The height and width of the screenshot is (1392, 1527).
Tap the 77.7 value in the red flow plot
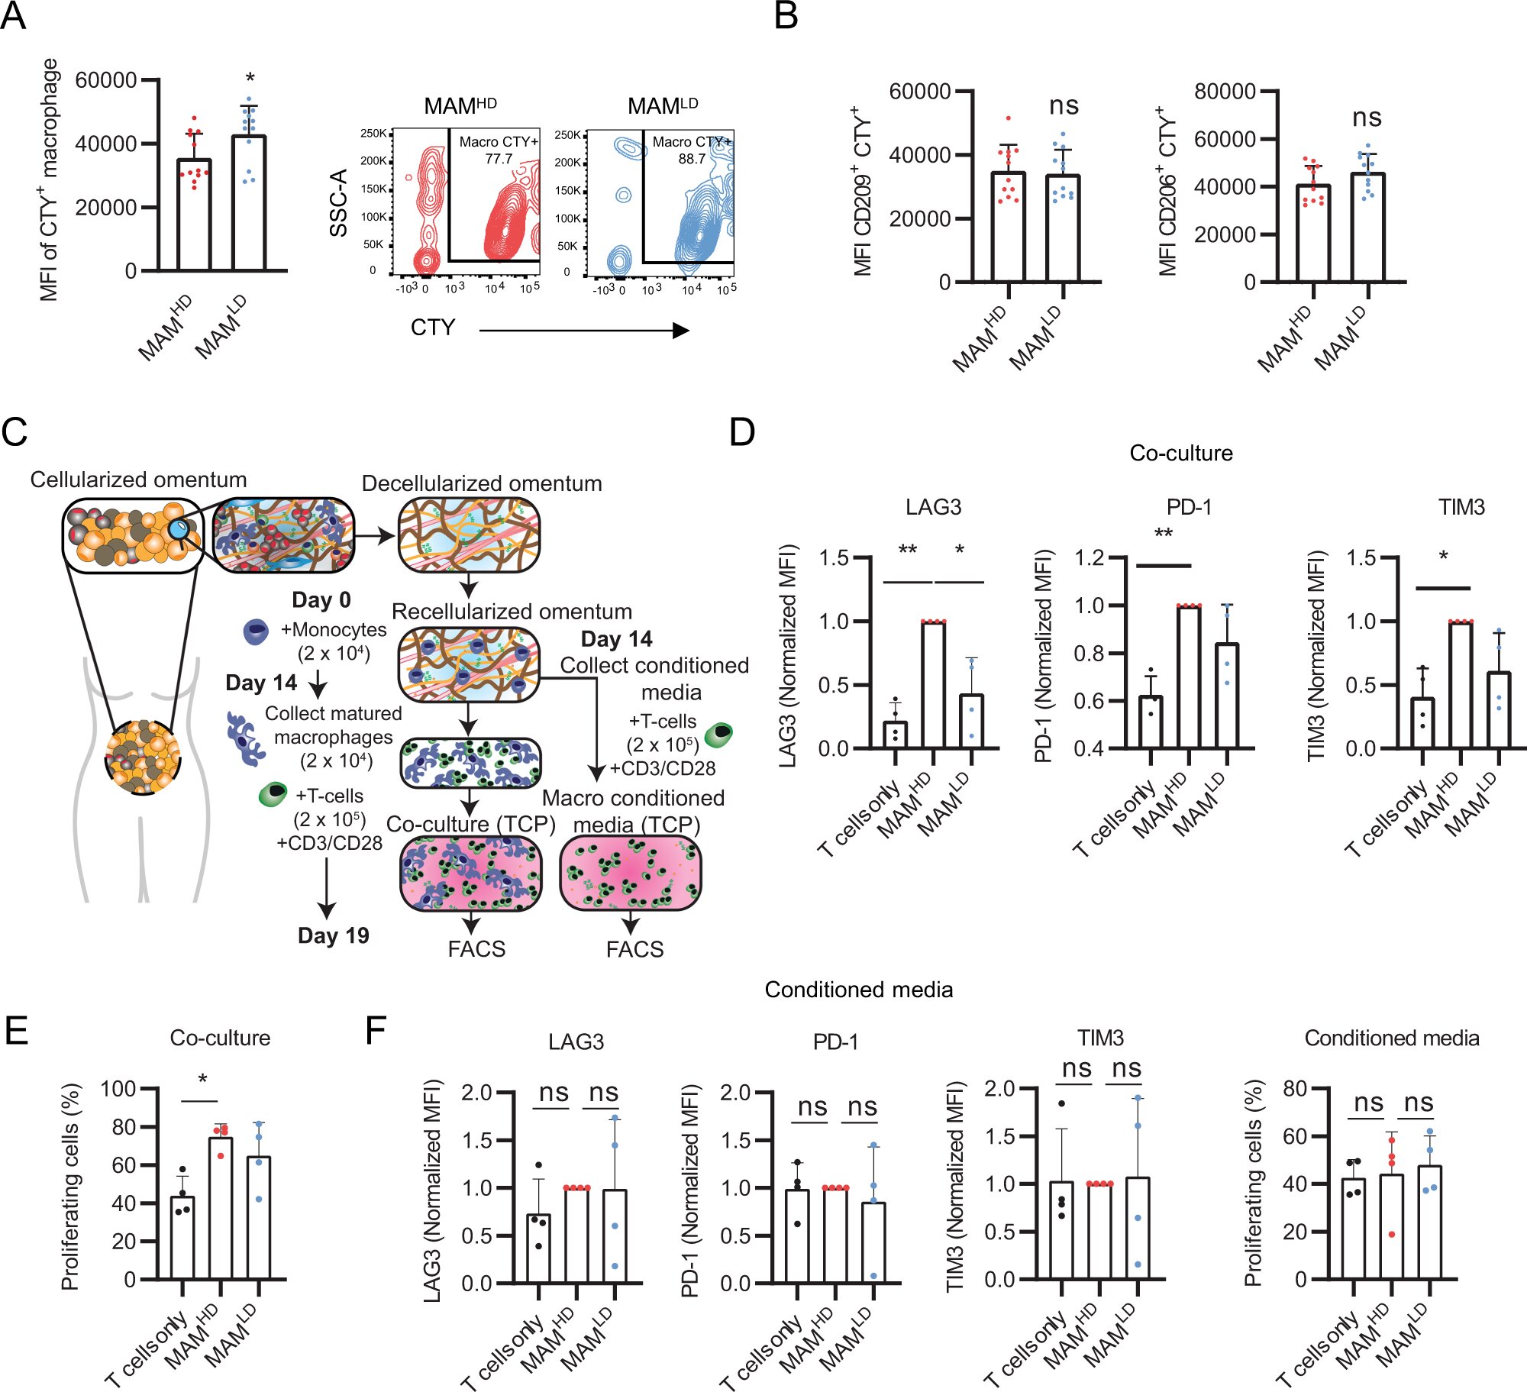point(499,159)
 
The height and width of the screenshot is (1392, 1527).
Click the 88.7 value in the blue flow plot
point(692,159)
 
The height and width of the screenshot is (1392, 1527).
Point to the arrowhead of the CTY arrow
point(681,330)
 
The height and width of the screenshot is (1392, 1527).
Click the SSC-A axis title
point(339,203)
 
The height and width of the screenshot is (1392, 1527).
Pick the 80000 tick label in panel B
point(1225,92)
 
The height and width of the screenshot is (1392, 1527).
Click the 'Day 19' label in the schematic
point(333,935)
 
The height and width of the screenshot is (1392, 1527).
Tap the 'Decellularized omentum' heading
point(481,483)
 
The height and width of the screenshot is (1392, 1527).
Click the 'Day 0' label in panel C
point(321,599)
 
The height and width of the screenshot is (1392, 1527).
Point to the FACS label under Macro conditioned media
point(634,949)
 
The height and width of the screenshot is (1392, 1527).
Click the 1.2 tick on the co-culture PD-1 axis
point(1090,557)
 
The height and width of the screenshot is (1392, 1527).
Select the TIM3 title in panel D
point(1461,507)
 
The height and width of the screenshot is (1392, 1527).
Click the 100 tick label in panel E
point(118,1088)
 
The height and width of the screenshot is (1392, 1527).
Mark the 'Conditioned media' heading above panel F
point(858,990)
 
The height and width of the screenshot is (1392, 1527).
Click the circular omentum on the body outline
point(143,757)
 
